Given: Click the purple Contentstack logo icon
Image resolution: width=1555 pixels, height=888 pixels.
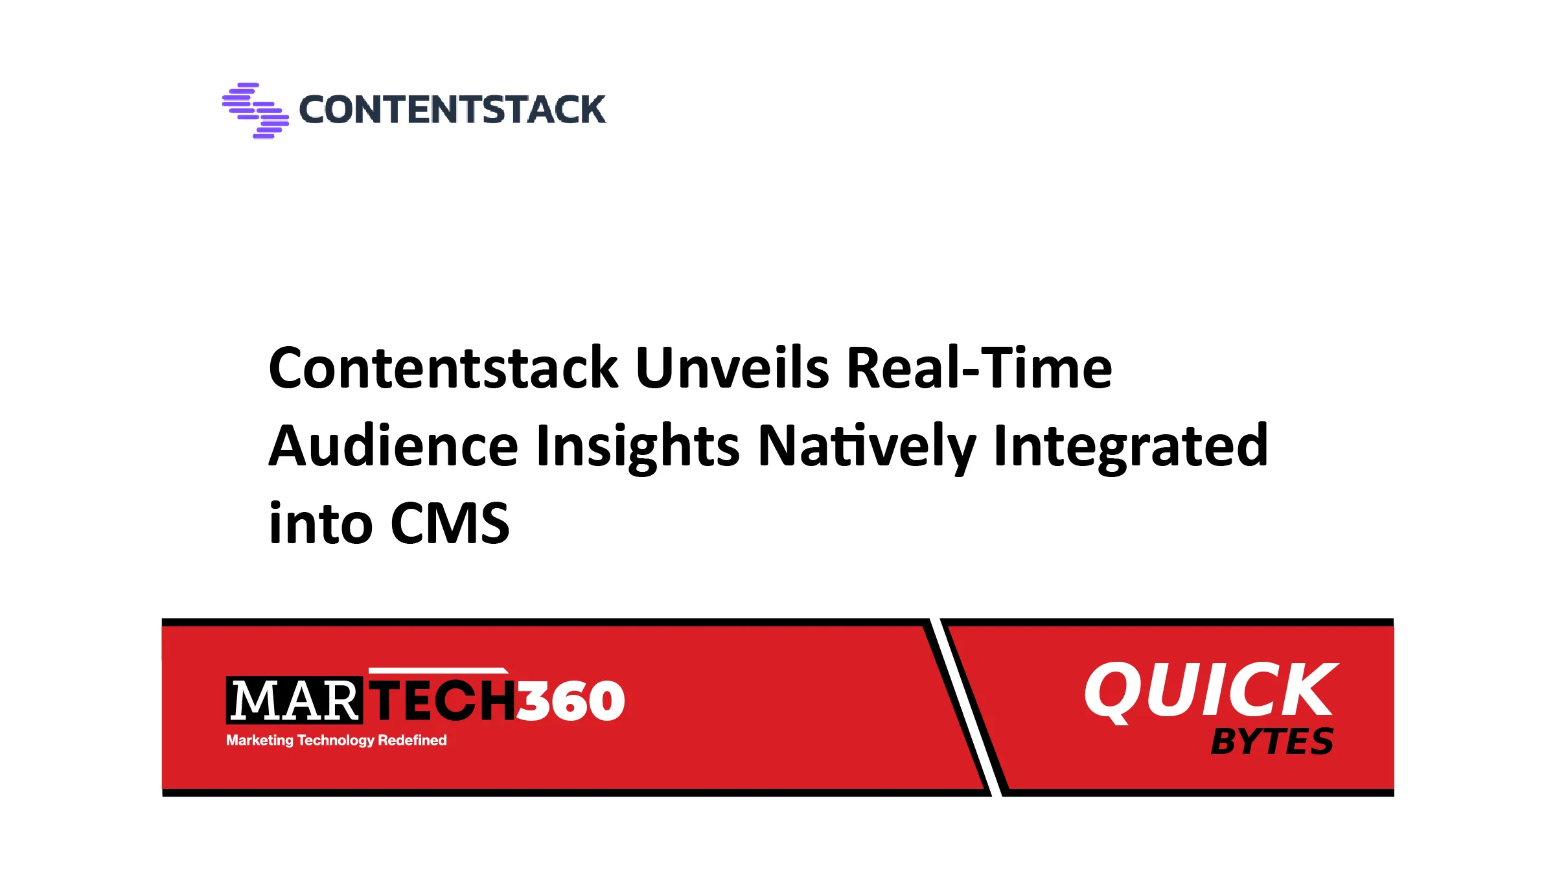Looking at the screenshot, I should tap(255, 110).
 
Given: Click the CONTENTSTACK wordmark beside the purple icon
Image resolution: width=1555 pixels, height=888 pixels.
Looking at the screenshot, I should tap(452, 110).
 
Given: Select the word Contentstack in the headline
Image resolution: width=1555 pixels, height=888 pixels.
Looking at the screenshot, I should tap(443, 368).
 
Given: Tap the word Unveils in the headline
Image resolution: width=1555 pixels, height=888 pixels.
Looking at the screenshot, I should tap(732, 368).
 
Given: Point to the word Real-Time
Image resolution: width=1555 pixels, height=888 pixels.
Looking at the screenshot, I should tap(979, 368).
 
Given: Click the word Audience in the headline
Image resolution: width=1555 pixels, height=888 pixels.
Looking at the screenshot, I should tap(393, 446).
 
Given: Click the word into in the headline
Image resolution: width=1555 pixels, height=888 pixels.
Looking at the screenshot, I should tap(321, 524).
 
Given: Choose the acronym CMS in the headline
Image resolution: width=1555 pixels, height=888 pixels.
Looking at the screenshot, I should tap(450, 524).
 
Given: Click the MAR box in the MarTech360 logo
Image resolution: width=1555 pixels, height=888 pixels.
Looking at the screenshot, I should tap(294, 701).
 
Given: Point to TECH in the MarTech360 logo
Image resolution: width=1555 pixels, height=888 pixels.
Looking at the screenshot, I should tap(443, 701).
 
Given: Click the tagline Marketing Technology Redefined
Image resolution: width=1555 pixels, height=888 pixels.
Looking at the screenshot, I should tap(336, 740).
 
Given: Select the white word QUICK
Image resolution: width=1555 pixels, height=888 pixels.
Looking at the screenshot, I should tap(1210, 690).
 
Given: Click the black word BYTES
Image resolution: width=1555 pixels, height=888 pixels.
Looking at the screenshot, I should tap(1272, 742).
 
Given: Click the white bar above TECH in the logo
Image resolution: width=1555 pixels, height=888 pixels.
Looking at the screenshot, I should tap(438, 670).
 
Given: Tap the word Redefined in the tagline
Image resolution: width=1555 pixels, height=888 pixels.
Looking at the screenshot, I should tap(412, 740).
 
